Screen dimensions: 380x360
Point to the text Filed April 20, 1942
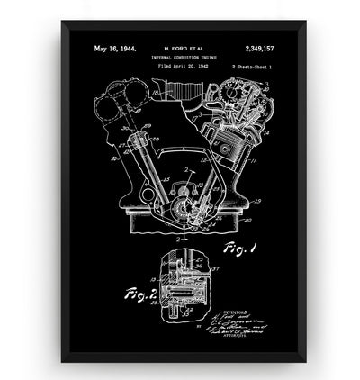[x=181, y=68]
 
